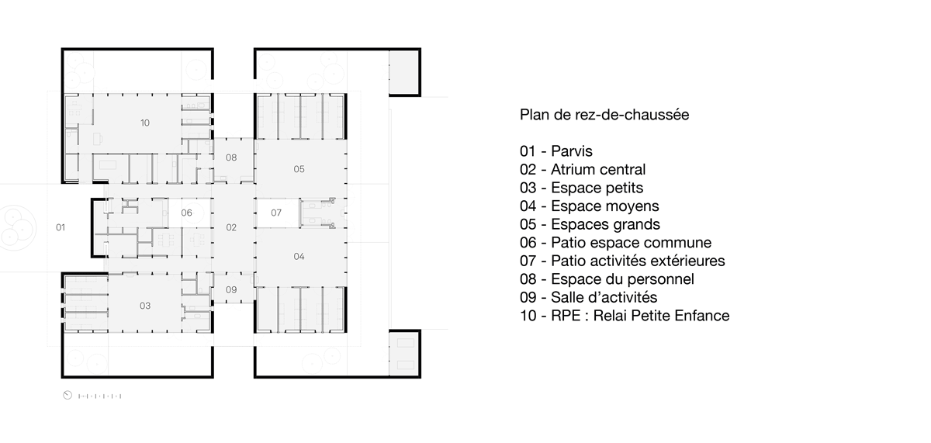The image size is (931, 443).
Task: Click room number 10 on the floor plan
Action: coord(145,123)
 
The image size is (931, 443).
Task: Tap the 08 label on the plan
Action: coord(231,157)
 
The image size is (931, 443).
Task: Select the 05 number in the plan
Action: coord(299,169)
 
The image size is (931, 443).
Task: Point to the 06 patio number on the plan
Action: coord(187,213)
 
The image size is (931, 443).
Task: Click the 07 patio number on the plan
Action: coord(276,213)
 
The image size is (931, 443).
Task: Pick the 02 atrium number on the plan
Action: coord(231,227)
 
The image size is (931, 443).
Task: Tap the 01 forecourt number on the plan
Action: coord(61,227)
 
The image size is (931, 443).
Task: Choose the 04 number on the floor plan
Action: coord(299,256)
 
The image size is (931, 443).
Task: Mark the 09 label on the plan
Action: coord(231,289)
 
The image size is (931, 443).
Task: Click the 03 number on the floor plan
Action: coord(145,306)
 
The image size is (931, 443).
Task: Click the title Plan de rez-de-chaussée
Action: coord(604,115)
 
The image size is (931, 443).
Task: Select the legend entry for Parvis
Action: coord(556,151)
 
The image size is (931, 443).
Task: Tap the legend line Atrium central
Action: coord(583,169)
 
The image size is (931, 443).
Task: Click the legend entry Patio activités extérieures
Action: coord(622,261)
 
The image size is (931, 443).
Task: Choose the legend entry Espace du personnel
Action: coord(607,279)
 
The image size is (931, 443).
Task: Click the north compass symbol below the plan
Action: coord(67,395)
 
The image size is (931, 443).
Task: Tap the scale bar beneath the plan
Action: coord(100,396)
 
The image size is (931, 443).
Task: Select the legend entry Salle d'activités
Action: coord(589,297)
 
